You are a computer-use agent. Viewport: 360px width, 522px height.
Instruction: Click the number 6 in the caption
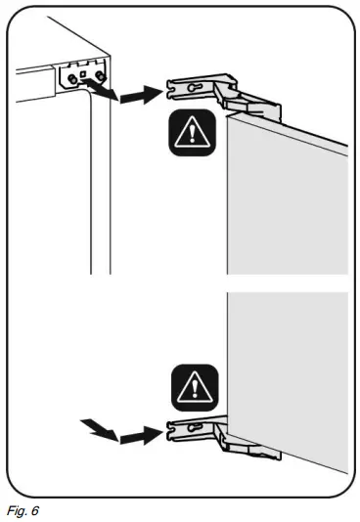pos(34,511)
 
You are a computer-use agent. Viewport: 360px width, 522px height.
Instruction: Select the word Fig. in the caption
pos(17,511)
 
